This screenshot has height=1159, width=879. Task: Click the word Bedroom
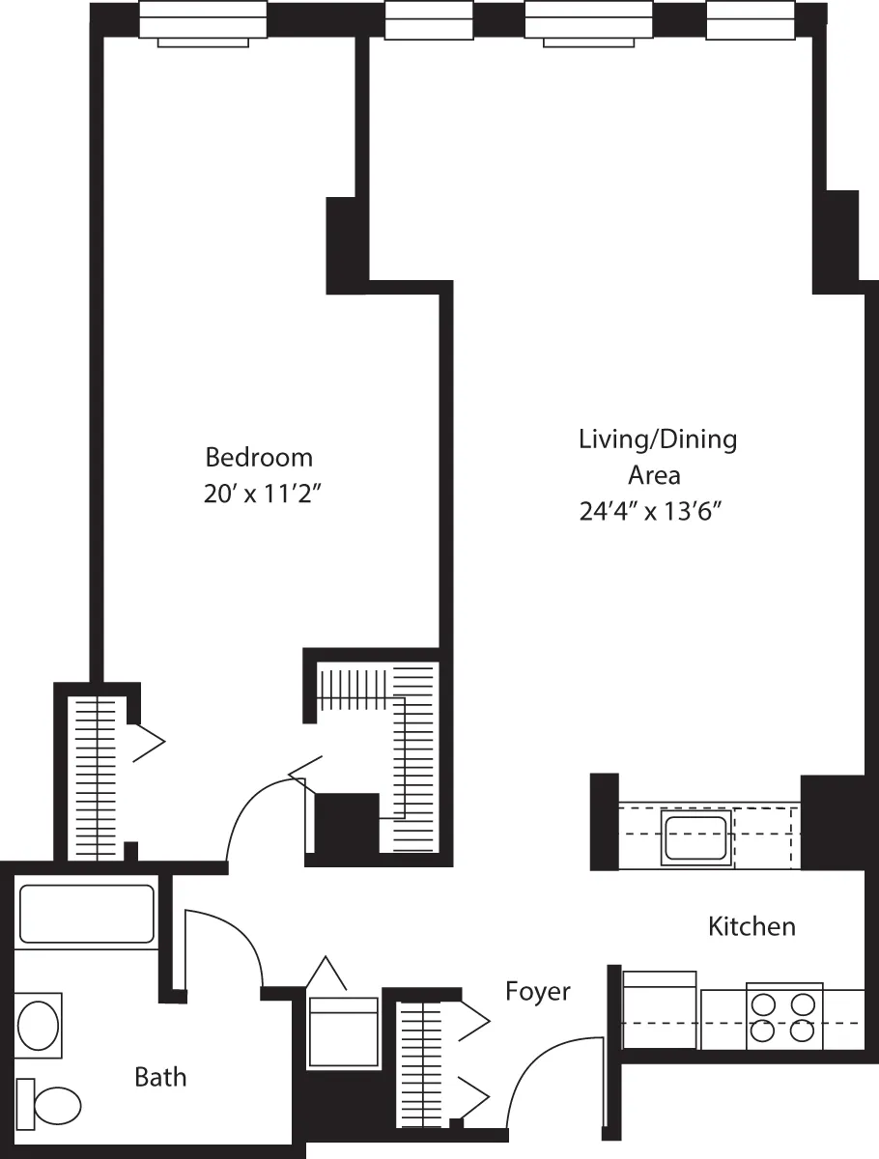259,457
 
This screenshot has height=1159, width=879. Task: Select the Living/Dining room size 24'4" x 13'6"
651,512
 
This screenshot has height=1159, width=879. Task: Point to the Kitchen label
751,927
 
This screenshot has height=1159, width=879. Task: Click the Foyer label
538,992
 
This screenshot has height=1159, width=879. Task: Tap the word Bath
160,1077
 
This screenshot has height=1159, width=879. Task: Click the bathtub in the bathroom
87,914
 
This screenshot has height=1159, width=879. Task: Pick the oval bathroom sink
39,1026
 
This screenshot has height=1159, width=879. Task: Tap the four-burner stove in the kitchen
784,1018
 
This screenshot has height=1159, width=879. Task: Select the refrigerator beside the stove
659,1009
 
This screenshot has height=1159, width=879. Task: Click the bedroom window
203,21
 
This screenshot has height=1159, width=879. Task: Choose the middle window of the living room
587,21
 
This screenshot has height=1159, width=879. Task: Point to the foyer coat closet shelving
418,1062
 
